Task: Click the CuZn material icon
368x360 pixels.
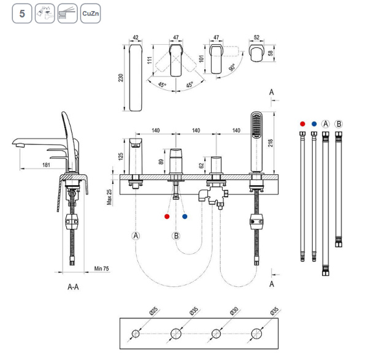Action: click(90, 13)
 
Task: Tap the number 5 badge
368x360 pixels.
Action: click(21, 13)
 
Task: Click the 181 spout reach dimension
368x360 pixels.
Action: click(47, 164)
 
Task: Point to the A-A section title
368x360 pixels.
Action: click(72, 286)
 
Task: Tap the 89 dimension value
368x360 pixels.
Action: click(160, 161)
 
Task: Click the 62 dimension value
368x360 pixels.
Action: click(201, 164)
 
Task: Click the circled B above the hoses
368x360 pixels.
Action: click(339, 124)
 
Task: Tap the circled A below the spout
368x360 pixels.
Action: click(136, 236)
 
